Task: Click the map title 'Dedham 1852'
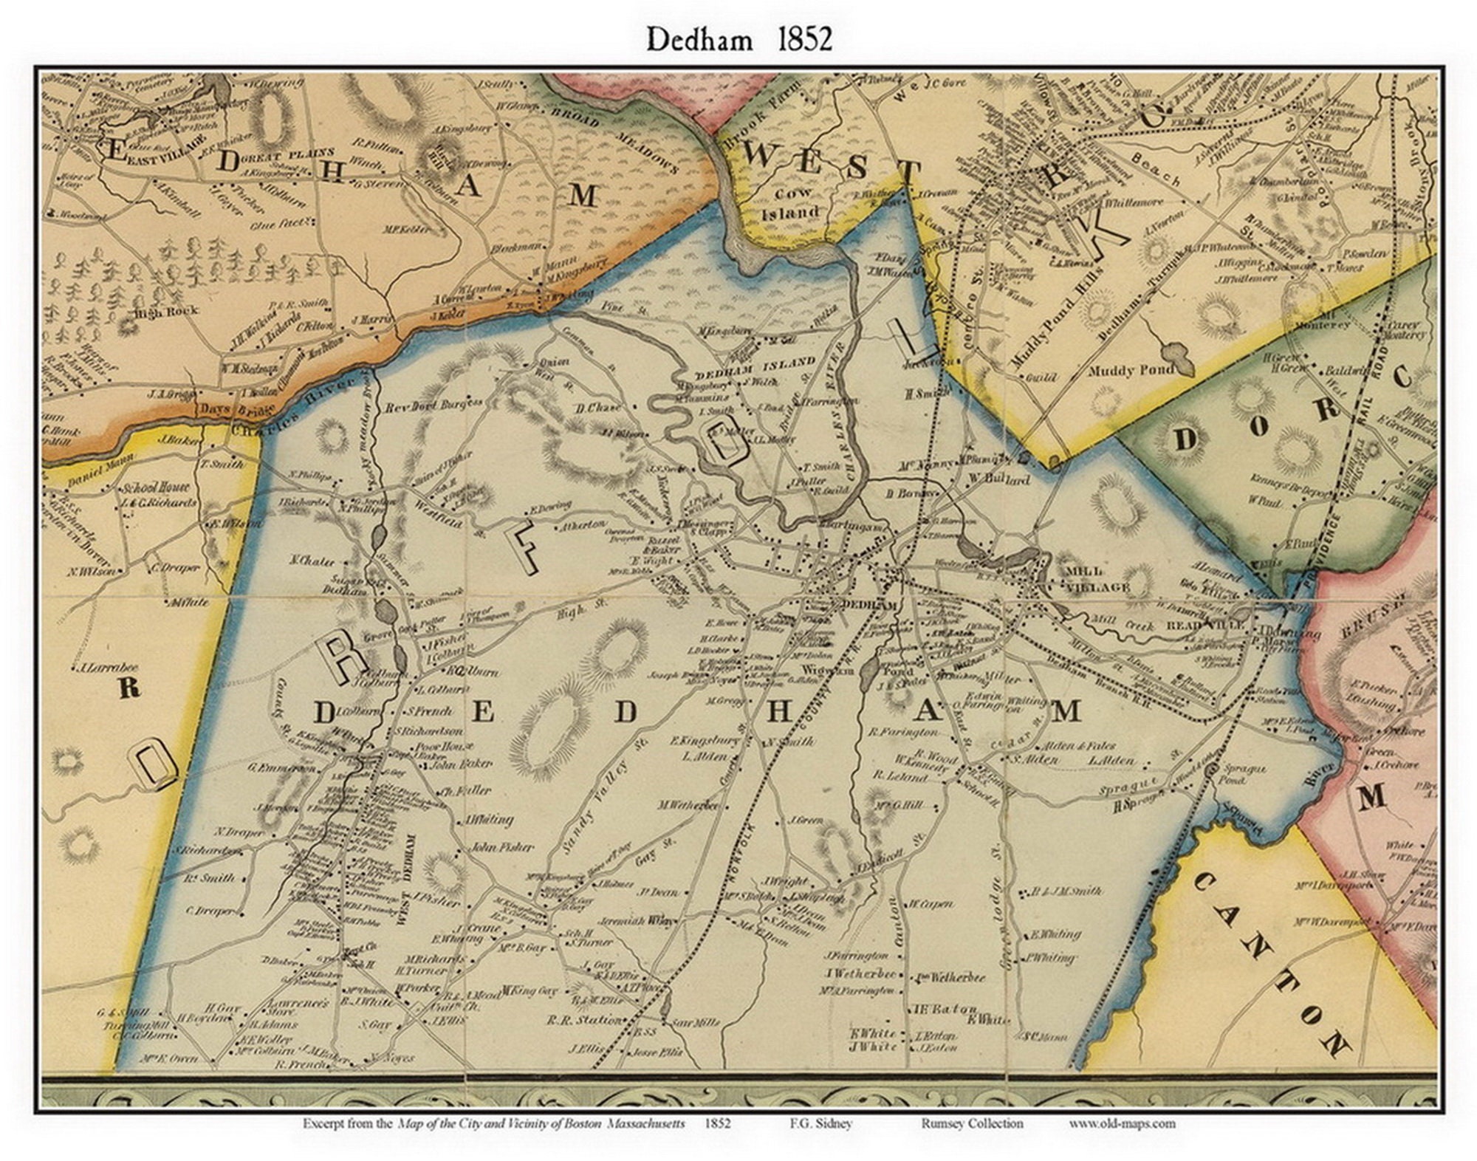point(739,40)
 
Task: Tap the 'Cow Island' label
point(790,203)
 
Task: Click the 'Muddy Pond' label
point(1130,369)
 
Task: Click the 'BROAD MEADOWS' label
point(617,138)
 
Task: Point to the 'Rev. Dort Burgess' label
point(433,405)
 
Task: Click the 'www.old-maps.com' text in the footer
point(1122,1123)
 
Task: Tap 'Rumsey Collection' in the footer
point(972,1123)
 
